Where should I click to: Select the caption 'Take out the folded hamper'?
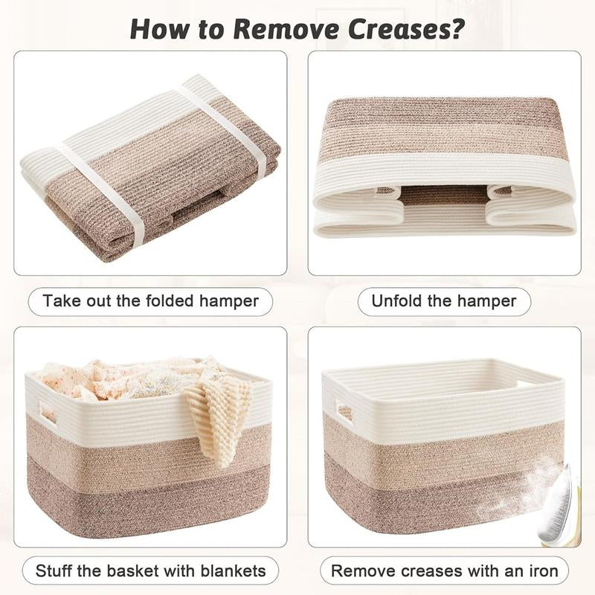coord(150,301)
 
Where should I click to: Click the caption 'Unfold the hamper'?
coord(444,301)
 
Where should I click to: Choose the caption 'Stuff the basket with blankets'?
coord(150,571)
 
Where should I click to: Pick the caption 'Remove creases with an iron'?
coord(444,571)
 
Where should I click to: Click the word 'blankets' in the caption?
coord(232,571)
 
